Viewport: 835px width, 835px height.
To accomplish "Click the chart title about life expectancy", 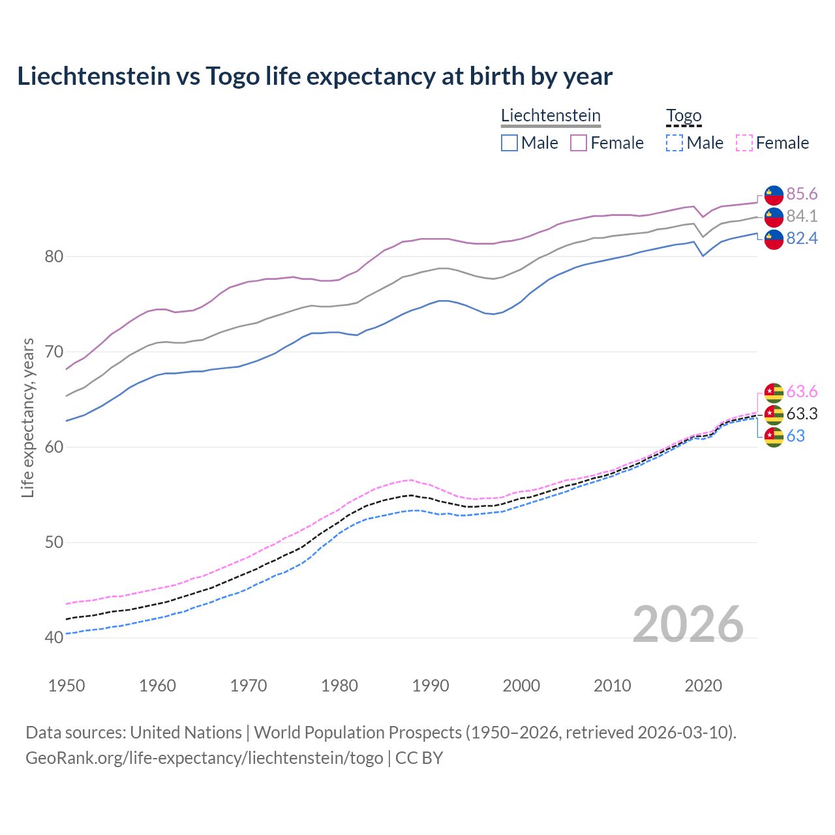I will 314,76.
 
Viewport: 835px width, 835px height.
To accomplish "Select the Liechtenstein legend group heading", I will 551,115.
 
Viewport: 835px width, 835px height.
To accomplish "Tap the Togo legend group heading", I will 684,115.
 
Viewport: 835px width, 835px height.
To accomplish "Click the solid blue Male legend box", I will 509,143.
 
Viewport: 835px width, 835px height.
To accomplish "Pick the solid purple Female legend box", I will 579,143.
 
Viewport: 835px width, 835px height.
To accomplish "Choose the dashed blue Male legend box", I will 675,143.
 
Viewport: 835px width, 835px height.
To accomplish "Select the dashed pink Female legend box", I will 744,143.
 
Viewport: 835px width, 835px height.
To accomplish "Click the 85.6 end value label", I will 802,194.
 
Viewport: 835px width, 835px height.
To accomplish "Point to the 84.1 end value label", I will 802,216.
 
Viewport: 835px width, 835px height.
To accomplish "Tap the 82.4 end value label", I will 802,239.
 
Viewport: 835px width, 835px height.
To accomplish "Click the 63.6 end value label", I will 802,391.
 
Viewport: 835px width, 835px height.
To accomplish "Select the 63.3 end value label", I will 802,414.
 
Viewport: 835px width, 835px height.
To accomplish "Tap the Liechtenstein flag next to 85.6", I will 774,195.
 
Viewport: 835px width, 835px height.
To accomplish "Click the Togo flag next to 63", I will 774,436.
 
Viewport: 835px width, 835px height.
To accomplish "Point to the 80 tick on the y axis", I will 53,256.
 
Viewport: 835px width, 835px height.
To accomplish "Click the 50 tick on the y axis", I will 53,542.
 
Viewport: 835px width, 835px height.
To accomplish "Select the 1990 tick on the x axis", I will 431,686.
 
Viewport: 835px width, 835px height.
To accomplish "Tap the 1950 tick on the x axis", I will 67,686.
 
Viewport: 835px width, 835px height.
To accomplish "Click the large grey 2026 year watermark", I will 688,624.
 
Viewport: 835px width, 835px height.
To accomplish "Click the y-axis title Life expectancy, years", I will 27,417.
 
